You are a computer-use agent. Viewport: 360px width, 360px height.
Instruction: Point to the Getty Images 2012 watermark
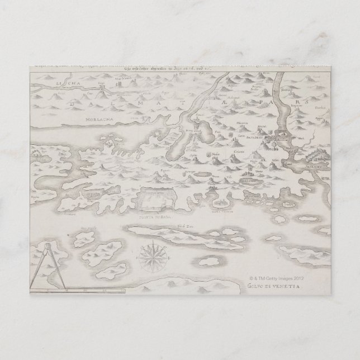pos(277,276)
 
